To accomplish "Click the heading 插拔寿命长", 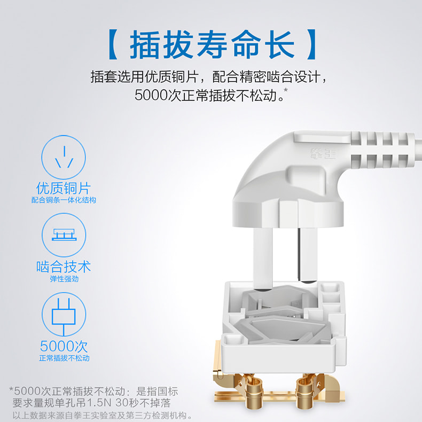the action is tap(212, 44).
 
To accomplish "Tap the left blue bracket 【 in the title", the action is tap(113, 44).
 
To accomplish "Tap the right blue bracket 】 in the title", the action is tap(311, 44).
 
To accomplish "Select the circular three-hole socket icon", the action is tap(64, 157).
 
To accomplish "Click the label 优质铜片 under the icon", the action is tap(64, 188).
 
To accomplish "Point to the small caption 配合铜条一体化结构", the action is tap(64, 200).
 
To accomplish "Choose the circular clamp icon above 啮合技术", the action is tap(64, 235).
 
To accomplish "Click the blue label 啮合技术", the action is tap(64, 267).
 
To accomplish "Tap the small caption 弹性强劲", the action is tap(64, 279).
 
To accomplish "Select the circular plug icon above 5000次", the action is tap(64, 314).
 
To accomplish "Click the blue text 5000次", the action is tap(64, 346).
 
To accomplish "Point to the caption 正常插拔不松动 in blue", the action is tap(64, 358).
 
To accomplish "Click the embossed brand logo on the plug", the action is tap(323, 154).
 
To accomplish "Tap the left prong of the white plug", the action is tap(263, 259).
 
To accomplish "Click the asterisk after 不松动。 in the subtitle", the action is tap(286, 90).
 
